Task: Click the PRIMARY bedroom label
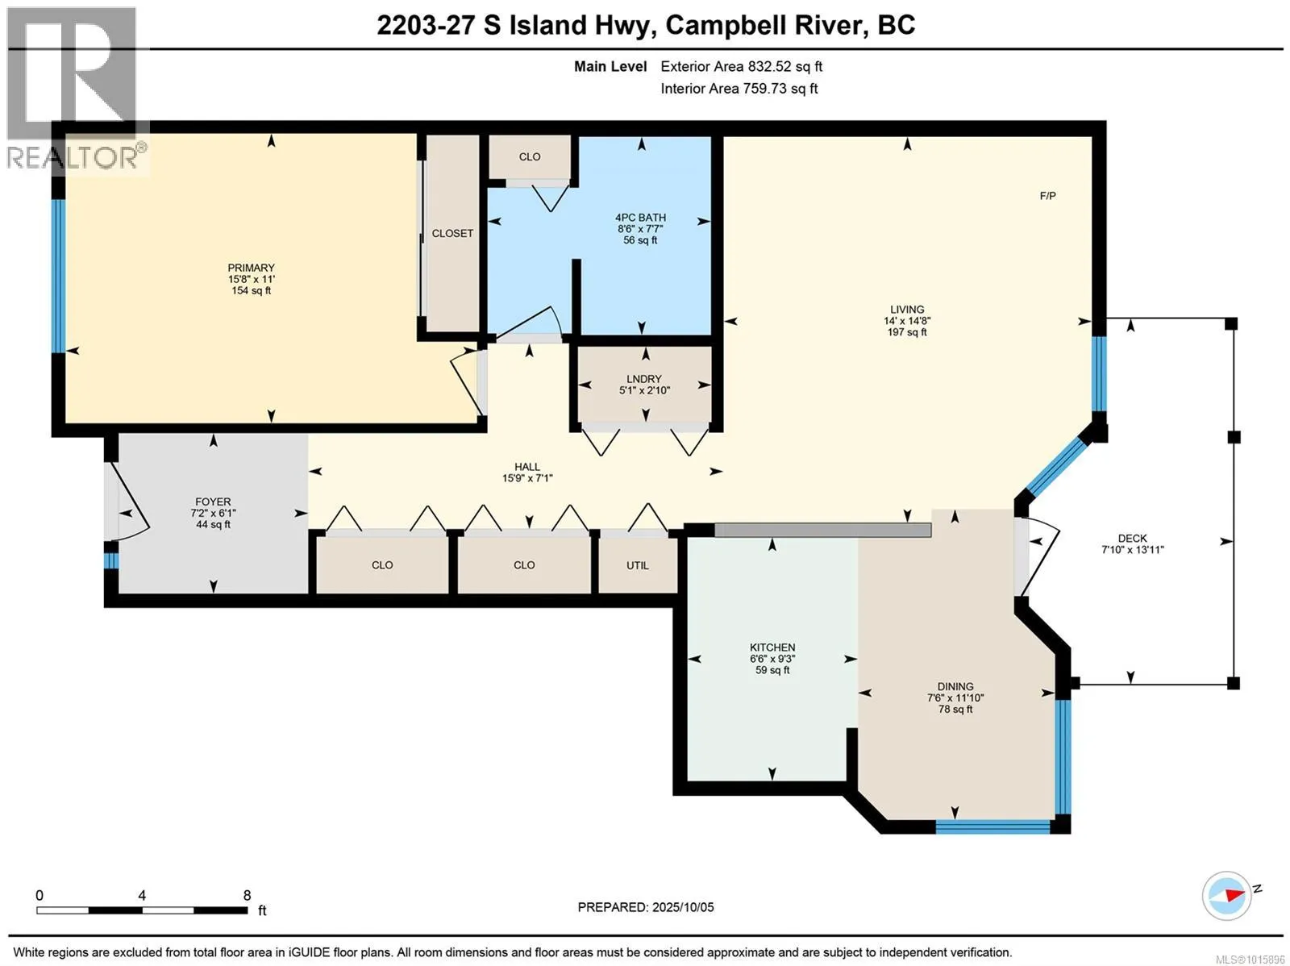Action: [x=251, y=268]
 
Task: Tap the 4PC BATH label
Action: [x=640, y=218]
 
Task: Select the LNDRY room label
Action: [x=643, y=379]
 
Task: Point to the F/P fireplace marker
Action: [x=1047, y=196]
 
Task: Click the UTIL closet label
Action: [x=637, y=565]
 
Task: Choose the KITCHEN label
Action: [x=772, y=647]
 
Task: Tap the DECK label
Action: [x=1132, y=538]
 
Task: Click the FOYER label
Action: [x=213, y=502]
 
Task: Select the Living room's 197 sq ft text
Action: [x=907, y=332]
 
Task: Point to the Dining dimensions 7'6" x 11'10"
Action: [x=955, y=697]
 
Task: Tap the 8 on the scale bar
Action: [x=247, y=896]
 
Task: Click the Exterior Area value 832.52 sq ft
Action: [x=784, y=66]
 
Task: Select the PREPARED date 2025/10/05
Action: [x=682, y=907]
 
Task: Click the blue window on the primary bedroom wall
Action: [x=58, y=276]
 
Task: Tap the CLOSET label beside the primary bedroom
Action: [x=452, y=233]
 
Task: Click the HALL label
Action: [x=526, y=467]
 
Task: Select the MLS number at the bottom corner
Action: [x=1250, y=960]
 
